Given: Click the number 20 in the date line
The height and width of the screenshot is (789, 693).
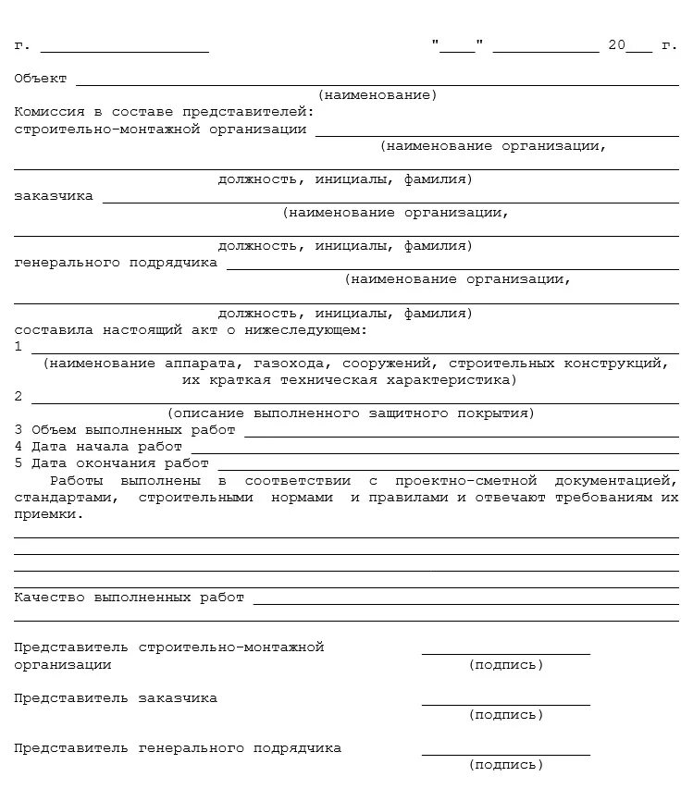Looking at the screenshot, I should (x=617, y=45).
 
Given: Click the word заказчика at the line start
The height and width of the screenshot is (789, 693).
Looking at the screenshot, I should (x=54, y=196).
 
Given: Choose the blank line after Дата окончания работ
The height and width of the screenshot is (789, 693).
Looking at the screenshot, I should (x=448, y=465).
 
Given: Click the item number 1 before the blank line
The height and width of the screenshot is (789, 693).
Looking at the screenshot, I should (x=19, y=347).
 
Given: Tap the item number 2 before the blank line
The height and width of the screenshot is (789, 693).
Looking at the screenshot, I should (x=19, y=397).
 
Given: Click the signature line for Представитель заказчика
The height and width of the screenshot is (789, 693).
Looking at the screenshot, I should (x=505, y=704).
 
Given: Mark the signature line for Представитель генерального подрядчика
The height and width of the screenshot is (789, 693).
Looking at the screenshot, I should (x=505, y=754).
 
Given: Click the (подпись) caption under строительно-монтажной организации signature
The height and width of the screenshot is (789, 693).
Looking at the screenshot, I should (x=505, y=665).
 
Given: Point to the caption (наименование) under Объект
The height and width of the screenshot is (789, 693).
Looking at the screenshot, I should (x=377, y=95).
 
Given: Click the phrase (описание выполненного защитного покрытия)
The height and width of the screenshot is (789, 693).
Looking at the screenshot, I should (x=351, y=413).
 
